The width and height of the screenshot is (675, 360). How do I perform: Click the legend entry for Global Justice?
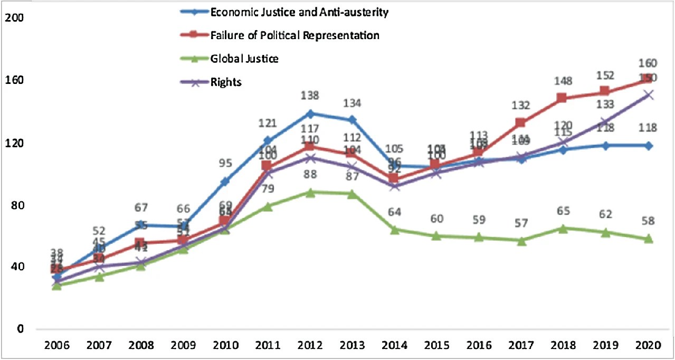coord(244,59)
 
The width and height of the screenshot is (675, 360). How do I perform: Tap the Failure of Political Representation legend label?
coord(294,35)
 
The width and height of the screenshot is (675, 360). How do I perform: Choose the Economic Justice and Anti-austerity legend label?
coord(299,12)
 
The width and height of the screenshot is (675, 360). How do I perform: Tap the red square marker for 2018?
coord(562,98)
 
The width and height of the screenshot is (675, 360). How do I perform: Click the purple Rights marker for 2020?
coord(648,94)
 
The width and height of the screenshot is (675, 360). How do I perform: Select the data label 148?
coord(562,82)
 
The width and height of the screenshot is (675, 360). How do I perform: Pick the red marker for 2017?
coord(520,123)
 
